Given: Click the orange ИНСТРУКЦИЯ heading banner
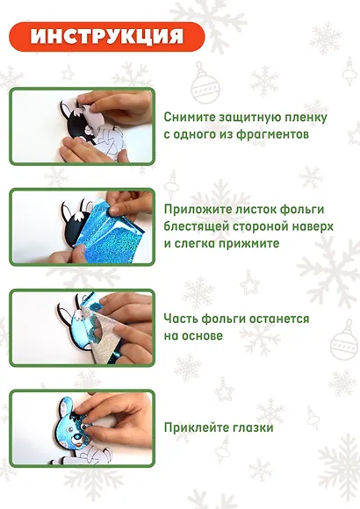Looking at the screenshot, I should pyautogui.click(x=107, y=37).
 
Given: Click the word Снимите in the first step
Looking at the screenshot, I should pyautogui.click(x=189, y=117).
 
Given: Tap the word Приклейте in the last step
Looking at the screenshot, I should pyautogui.click(x=198, y=427).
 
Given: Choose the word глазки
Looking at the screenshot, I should pyautogui.click(x=254, y=427).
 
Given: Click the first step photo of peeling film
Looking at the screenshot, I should pyautogui.click(x=82, y=125).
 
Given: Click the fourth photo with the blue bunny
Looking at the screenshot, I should pyautogui.click(x=82, y=427).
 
